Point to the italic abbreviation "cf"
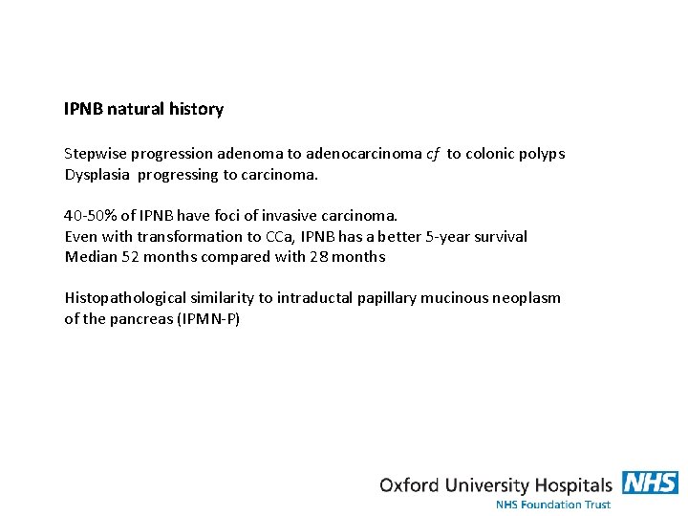pyautogui.click(x=433, y=154)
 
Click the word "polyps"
pyautogui.click(x=541, y=154)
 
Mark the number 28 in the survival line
pyautogui.click(x=317, y=257)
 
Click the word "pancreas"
pyautogui.click(x=142, y=319)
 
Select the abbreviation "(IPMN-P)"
pyautogui.click(x=209, y=319)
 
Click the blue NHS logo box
pyautogui.click(x=650, y=483)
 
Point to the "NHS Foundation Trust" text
pyautogui.click(x=552, y=504)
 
